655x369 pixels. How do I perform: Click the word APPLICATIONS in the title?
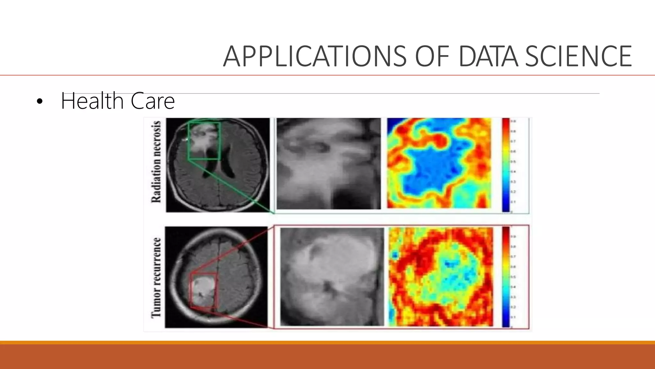click(315, 56)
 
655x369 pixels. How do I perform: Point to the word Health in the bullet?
click(92, 101)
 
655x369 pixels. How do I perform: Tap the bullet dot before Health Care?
click(39, 102)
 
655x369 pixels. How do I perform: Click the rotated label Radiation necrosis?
click(156, 162)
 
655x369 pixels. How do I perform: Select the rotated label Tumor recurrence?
click(156, 278)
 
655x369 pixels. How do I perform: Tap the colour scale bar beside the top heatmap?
click(506, 165)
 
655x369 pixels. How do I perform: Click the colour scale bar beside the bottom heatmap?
click(506, 277)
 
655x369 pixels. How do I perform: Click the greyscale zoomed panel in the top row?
click(328, 164)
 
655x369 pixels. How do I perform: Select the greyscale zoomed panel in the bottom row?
click(332, 277)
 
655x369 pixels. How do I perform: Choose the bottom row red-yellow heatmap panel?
click(441, 277)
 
